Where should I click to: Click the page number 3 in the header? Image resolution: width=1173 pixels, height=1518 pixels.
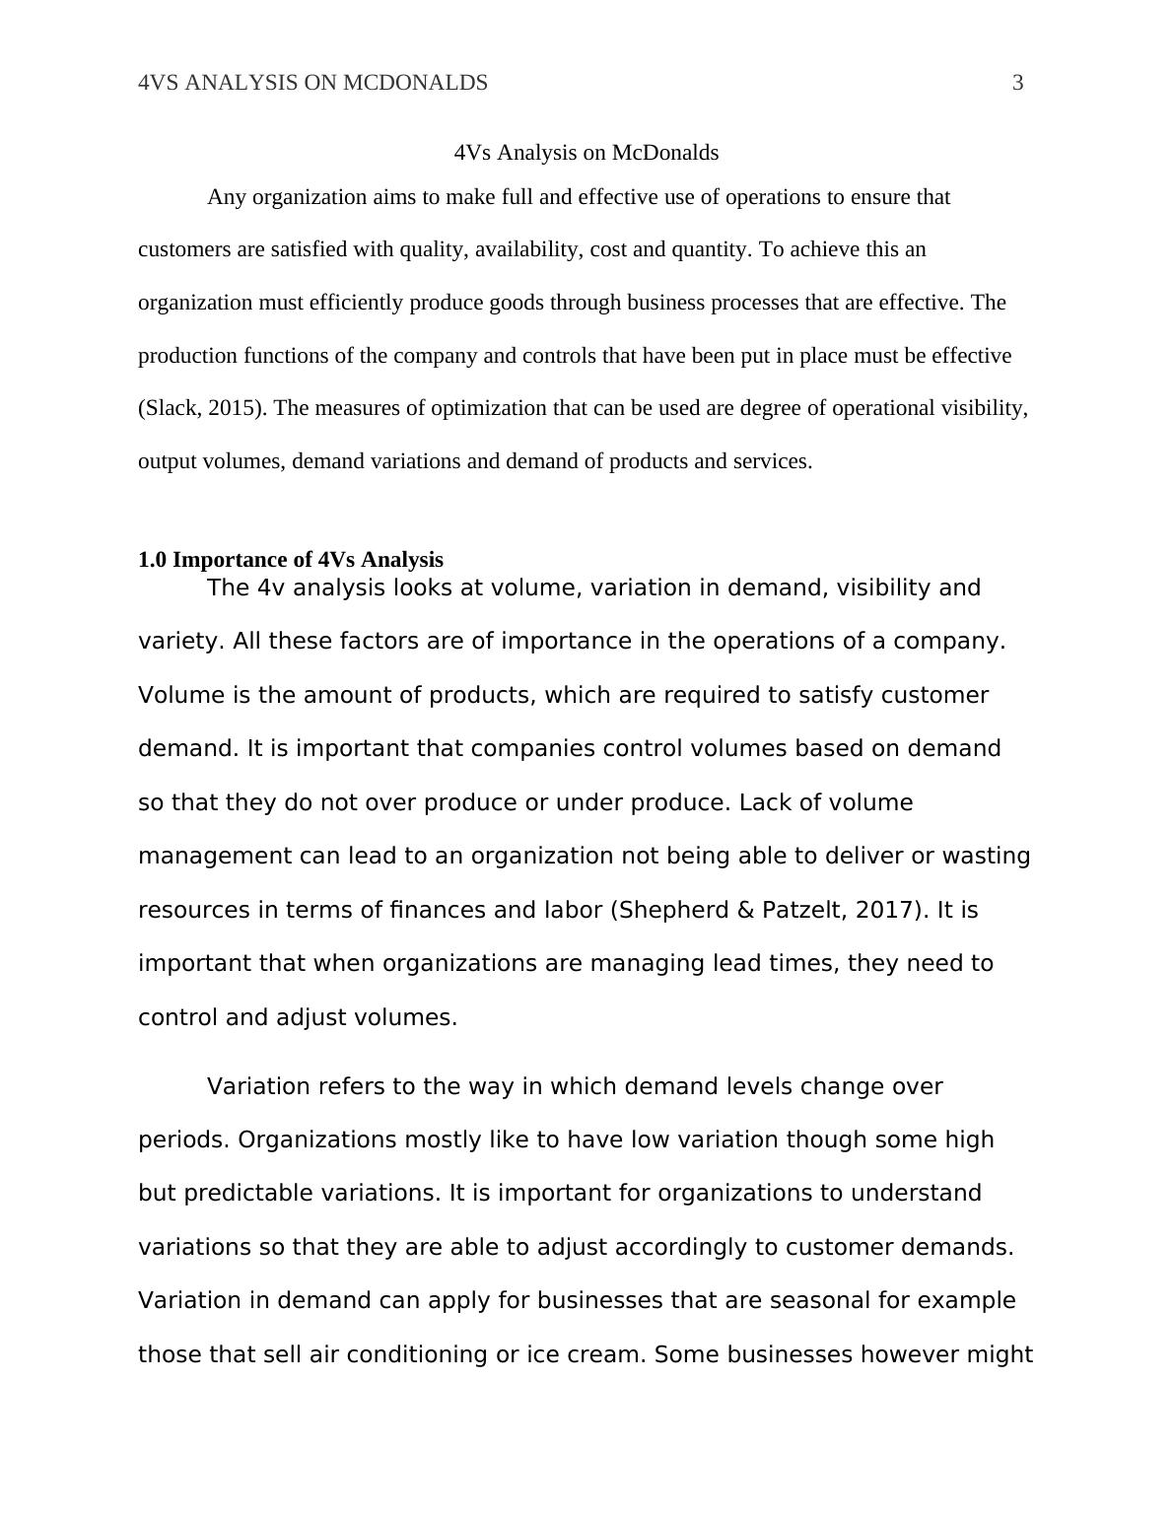1018,83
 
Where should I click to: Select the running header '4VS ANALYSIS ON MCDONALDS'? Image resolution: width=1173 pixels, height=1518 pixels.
312,83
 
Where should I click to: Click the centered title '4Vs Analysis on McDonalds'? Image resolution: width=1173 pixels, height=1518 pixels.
586,153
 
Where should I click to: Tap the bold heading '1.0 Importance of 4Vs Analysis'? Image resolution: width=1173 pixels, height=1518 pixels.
291,560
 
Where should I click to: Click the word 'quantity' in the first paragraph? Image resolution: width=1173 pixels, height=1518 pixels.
711,249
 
